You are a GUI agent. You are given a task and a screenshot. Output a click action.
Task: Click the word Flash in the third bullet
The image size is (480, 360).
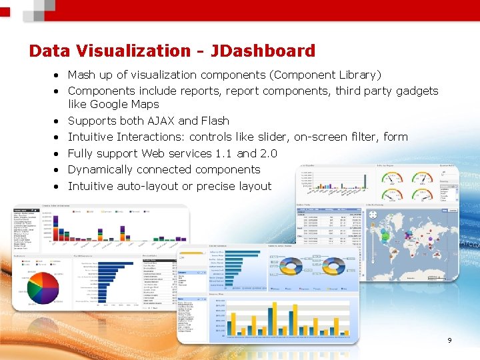[x=214, y=121]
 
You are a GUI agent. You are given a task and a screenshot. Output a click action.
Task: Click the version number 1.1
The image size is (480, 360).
[x=225, y=153]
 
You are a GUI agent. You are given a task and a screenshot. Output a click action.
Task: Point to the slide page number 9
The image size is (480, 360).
[x=449, y=341]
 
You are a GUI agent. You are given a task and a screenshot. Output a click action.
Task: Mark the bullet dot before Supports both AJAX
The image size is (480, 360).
[x=59, y=121]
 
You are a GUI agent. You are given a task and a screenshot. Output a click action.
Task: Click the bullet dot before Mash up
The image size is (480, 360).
[x=59, y=75]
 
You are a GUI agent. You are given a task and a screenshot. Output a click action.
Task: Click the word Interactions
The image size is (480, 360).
[x=151, y=137]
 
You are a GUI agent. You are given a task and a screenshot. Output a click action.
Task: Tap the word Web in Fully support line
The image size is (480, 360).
[x=153, y=153]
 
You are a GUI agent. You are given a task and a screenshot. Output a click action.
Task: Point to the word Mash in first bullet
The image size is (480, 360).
[x=81, y=75]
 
